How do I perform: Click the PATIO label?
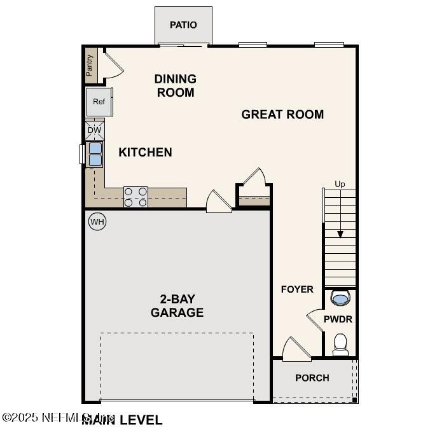[183, 25]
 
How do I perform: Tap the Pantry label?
[90, 65]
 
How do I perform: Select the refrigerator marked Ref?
[99, 102]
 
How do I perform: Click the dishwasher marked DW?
[94, 130]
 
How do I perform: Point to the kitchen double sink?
[95, 154]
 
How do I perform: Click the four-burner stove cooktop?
[135, 197]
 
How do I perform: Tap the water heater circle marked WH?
[97, 221]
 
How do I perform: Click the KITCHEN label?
[145, 153]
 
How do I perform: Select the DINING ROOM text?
[175, 86]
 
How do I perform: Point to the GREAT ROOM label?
[282, 114]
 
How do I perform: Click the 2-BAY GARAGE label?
[177, 306]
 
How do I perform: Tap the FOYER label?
[297, 289]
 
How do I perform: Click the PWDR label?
[338, 319]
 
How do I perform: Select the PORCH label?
[312, 378]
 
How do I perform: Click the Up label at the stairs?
[340, 184]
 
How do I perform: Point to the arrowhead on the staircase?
[340, 234]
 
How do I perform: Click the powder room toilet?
[340, 344]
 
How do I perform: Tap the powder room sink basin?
[340, 298]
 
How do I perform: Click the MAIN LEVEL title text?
[122, 420]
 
